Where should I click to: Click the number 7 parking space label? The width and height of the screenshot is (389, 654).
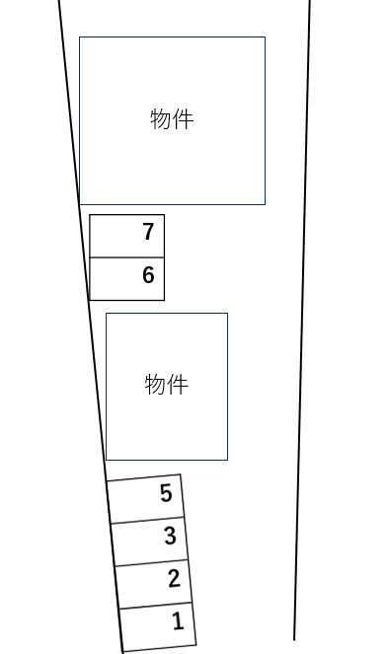[148, 232]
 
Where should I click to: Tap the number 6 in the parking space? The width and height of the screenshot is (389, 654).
[148, 275]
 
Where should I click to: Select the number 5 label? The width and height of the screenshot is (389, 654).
[166, 492]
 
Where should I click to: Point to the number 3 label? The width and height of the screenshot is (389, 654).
[170, 536]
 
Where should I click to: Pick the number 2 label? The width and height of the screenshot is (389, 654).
[174, 579]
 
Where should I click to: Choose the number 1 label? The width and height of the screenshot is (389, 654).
[178, 621]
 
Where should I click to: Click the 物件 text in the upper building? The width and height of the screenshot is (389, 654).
[172, 119]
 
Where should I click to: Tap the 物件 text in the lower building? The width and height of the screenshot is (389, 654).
[166, 384]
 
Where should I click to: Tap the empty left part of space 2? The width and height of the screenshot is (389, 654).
[139, 585]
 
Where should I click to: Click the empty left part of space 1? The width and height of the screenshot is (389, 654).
[144, 627]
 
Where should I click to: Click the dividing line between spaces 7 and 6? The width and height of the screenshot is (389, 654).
[126, 257]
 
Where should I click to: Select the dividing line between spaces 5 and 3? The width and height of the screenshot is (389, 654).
[147, 519]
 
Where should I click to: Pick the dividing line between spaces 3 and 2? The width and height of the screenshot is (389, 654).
[151, 562]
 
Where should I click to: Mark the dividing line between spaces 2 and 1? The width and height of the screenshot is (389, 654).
[155, 605]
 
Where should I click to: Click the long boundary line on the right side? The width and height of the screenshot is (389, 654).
[302, 316]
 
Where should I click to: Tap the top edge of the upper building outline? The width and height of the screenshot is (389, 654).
[172, 37]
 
